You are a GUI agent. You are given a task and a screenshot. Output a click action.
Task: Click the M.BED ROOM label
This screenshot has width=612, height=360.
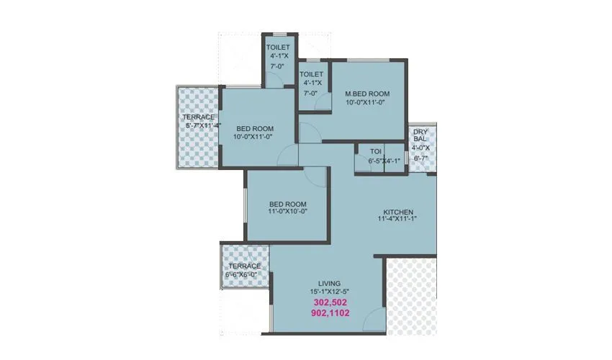(x=367, y=94)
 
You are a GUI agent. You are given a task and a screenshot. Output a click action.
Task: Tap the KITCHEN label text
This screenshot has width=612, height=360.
(x=398, y=212)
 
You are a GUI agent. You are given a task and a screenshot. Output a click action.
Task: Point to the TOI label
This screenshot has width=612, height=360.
(x=375, y=151)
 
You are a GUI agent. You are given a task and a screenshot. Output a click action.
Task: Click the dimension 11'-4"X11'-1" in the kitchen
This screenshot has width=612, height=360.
(x=398, y=220)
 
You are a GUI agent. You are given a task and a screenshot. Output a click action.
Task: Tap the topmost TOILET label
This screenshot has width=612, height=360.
(x=278, y=48)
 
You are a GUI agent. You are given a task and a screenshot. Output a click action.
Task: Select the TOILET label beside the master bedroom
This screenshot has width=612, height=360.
(x=311, y=74)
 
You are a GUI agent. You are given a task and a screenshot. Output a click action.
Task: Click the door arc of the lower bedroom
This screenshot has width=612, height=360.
(x=314, y=177)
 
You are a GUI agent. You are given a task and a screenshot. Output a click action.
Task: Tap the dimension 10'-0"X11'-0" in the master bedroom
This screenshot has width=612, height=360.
(x=367, y=102)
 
